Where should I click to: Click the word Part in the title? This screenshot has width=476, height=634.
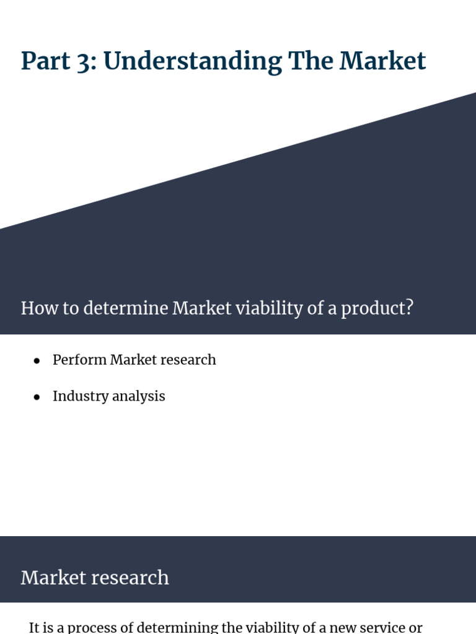click(x=43, y=61)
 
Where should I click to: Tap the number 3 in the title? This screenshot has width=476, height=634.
click(x=82, y=62)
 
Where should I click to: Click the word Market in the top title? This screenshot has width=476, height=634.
click(x=383, y=61)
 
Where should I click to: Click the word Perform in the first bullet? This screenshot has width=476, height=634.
click(x=79, y=360)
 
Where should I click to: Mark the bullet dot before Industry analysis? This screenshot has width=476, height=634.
click(x=37, y=397)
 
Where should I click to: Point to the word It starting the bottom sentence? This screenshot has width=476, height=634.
click(x=35, y=627)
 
